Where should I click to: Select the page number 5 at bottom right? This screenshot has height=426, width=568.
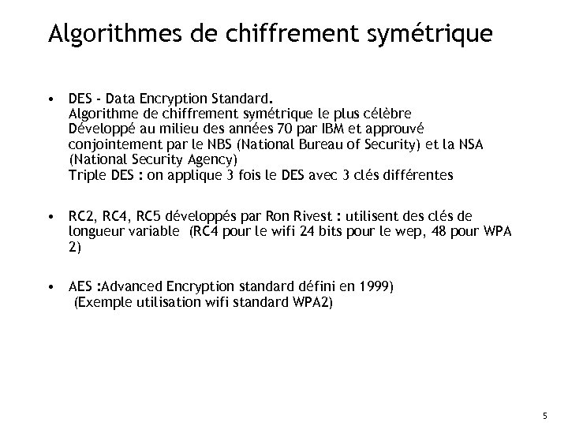point(544,416)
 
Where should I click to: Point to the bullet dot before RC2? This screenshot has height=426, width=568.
point(50,214)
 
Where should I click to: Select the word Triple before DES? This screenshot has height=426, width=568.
point(87,176)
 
